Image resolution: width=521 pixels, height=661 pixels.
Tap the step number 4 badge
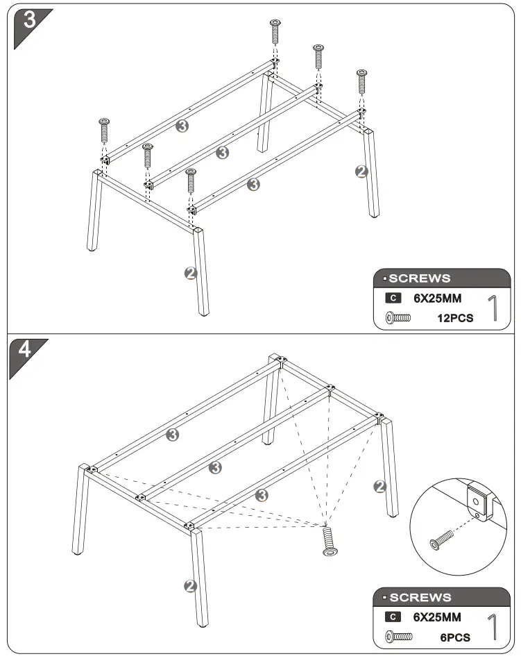tap(25, 350)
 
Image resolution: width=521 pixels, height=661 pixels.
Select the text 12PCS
tap(454, 318)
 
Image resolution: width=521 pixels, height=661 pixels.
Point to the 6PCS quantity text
tap(454, 637)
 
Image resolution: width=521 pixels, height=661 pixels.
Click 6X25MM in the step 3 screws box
tap(437, 299)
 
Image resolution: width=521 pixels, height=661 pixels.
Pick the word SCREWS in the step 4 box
tap(420, 597)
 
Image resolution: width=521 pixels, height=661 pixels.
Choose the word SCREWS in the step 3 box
tap(419, 278)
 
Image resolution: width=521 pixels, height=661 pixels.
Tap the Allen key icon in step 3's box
tap(494, 308)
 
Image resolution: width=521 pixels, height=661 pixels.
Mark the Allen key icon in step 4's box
tap(494, 626)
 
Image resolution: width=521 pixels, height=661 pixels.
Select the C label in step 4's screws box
tap(393, 617)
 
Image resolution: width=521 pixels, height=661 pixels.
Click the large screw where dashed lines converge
tap(330, 540)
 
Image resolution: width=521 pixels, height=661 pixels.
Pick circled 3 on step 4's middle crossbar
tap(216, 467)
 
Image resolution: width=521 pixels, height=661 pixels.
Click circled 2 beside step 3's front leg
tap(191, 273)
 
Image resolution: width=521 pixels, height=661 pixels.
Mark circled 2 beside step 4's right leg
tap(379, 487)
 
